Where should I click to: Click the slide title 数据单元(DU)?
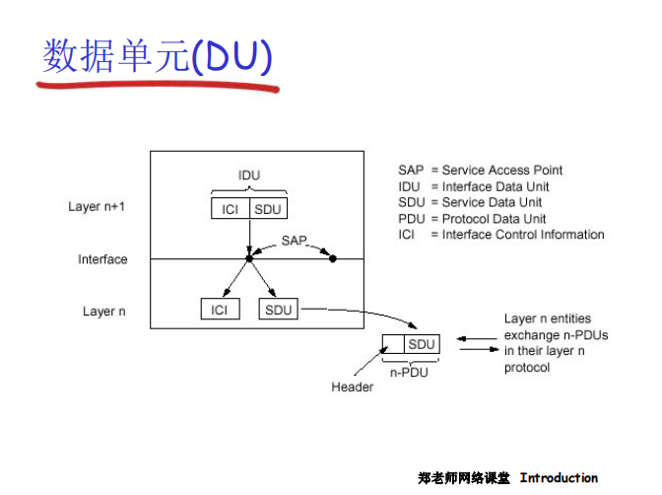[156, 57]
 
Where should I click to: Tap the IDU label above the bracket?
[249, 176]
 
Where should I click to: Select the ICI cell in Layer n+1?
[230, 209]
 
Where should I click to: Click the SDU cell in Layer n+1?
[268, 209]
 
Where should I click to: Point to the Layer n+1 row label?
[98, 207]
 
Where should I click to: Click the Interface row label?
[102, 259]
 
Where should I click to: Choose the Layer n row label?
[104, 312]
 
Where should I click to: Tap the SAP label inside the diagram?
[294, 241]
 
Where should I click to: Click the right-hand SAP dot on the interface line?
[333, 259]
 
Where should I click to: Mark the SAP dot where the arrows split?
[249, 259]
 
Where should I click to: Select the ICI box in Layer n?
[219, 310]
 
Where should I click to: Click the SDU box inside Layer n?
[279, 310]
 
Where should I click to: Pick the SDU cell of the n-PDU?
[422, 344]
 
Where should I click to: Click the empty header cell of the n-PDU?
[393, 344]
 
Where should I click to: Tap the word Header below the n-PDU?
[352, 387]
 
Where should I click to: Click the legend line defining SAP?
[480, 171]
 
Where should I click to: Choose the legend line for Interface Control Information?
[500, 235]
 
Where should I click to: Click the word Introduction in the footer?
[559, 478]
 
